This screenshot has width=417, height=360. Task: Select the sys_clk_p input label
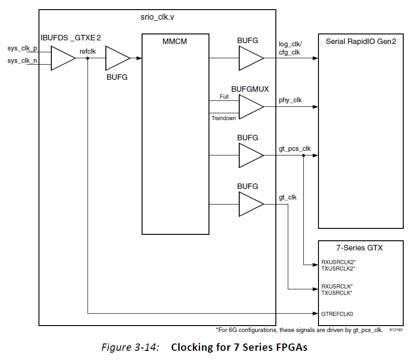[x=22, y=48]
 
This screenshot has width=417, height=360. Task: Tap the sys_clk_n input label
[x=22, y=61]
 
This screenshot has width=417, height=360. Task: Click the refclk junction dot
[x=87, y=59]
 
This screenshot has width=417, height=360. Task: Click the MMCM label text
[x=175, y=42]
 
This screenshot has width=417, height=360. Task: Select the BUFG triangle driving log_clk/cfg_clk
[x=250, y=58]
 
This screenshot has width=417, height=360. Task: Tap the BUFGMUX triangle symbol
[x=250, y=106]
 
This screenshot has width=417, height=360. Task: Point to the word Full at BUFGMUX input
[x=224, y=97]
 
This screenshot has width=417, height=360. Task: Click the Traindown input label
[x=224, y=118]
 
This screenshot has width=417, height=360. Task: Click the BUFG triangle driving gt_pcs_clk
[x=250, y=156]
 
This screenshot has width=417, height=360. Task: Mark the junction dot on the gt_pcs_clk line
[x=304, y=156]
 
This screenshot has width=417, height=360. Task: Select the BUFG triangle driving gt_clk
[x=250, y=205]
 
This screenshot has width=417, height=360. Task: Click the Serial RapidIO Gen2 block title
[x=361, y=41]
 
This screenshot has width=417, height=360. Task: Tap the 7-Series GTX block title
[x=361, y=248]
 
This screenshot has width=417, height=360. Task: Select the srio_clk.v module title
[x=157, y=19]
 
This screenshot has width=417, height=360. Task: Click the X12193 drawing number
[x=396, y=330]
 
